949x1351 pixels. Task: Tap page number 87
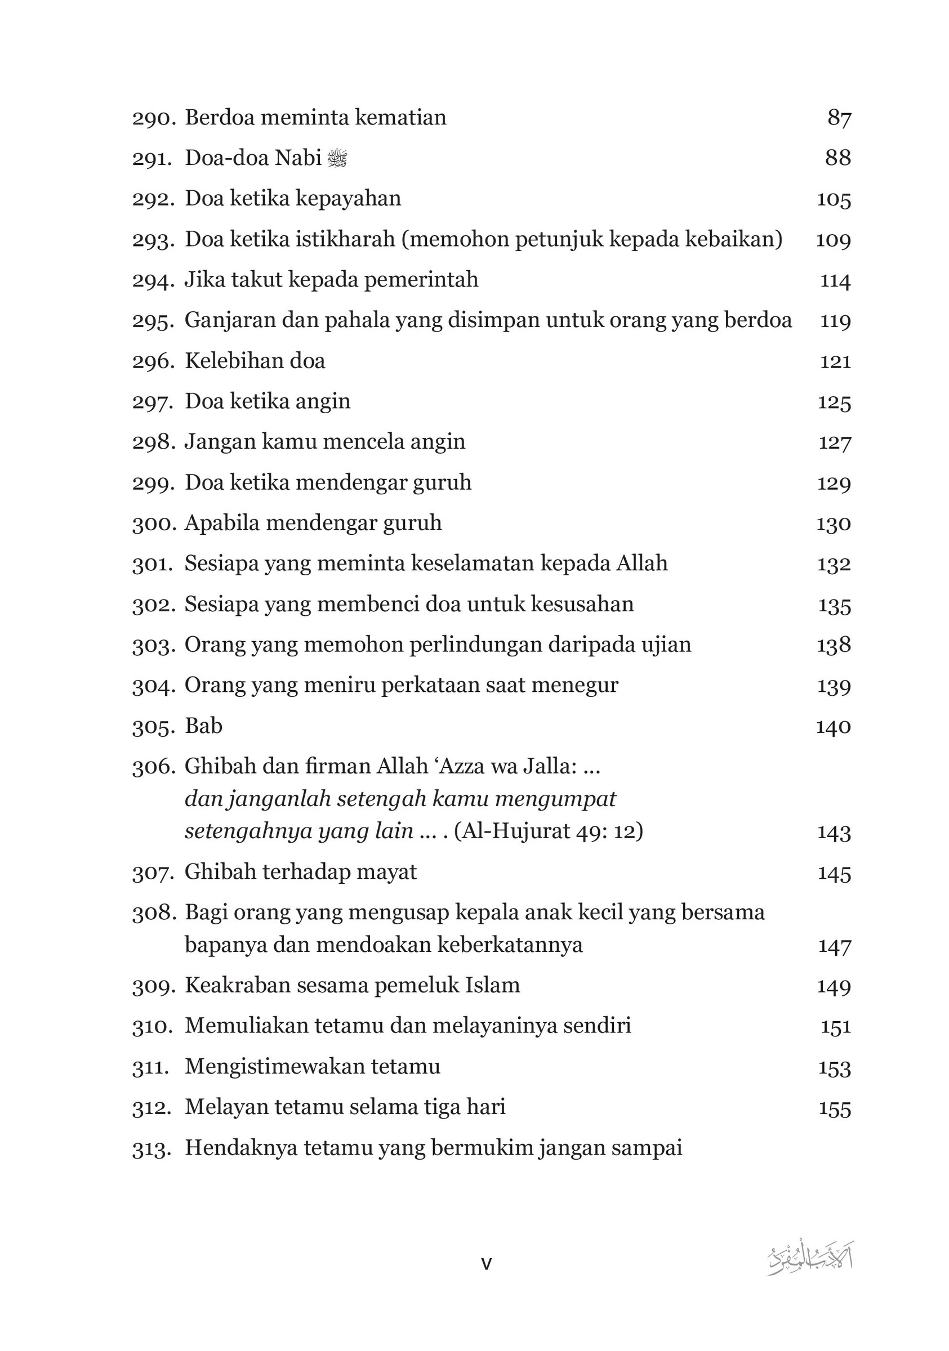coord(839,118)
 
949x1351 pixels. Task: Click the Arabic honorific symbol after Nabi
coord(337,158)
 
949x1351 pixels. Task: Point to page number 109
coord(833,240)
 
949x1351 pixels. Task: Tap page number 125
coord(834,402)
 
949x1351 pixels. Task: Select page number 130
coord(833,524)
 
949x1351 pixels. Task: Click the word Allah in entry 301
coord(641,563)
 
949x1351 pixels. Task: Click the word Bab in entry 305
coord(204,726)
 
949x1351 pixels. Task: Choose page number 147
coord(834,946)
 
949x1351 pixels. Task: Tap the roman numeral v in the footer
coord(486,1264)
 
